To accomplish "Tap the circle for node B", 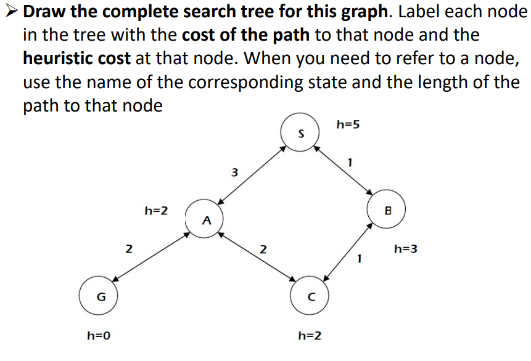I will tap(388, 210).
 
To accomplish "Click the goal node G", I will tap(101, 297).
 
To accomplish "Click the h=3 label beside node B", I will tap(406, 249).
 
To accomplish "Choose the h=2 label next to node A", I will tap(156, 211).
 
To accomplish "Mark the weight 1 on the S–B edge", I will tap(350, 163).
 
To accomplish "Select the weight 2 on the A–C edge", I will tap(263, 249).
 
